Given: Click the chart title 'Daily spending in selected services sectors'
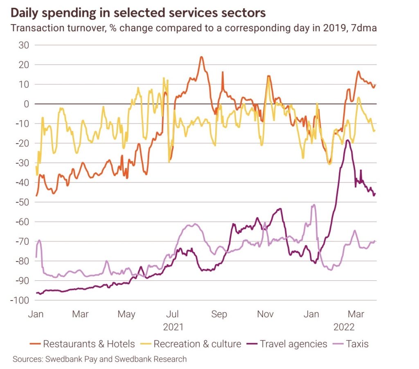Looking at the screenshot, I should point(137,13).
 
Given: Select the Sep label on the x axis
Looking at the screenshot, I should point(219,314).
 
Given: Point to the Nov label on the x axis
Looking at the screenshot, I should point(265,314).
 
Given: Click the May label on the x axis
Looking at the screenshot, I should point(126,314).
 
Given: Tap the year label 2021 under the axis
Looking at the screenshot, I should point(173,327).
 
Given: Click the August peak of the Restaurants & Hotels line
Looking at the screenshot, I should point(201,57).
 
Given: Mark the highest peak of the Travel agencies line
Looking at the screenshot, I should point(347,140).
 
